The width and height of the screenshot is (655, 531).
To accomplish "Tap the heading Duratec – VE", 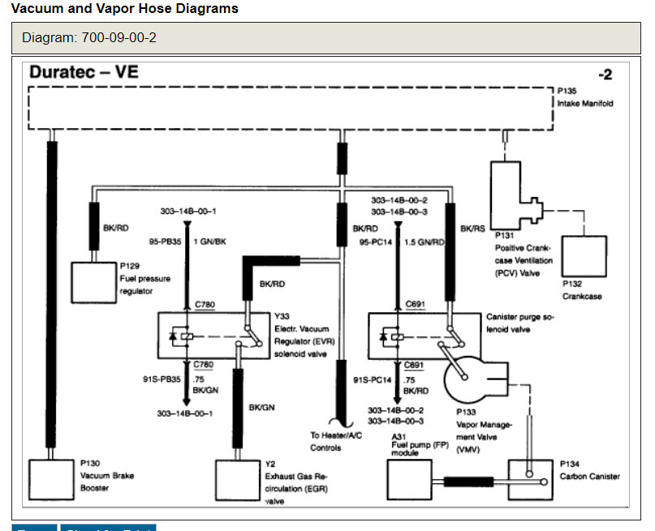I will click(84, 72).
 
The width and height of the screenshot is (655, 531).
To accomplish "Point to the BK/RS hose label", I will click(472, 229).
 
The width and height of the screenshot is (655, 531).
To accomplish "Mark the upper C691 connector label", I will click(415, 305).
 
